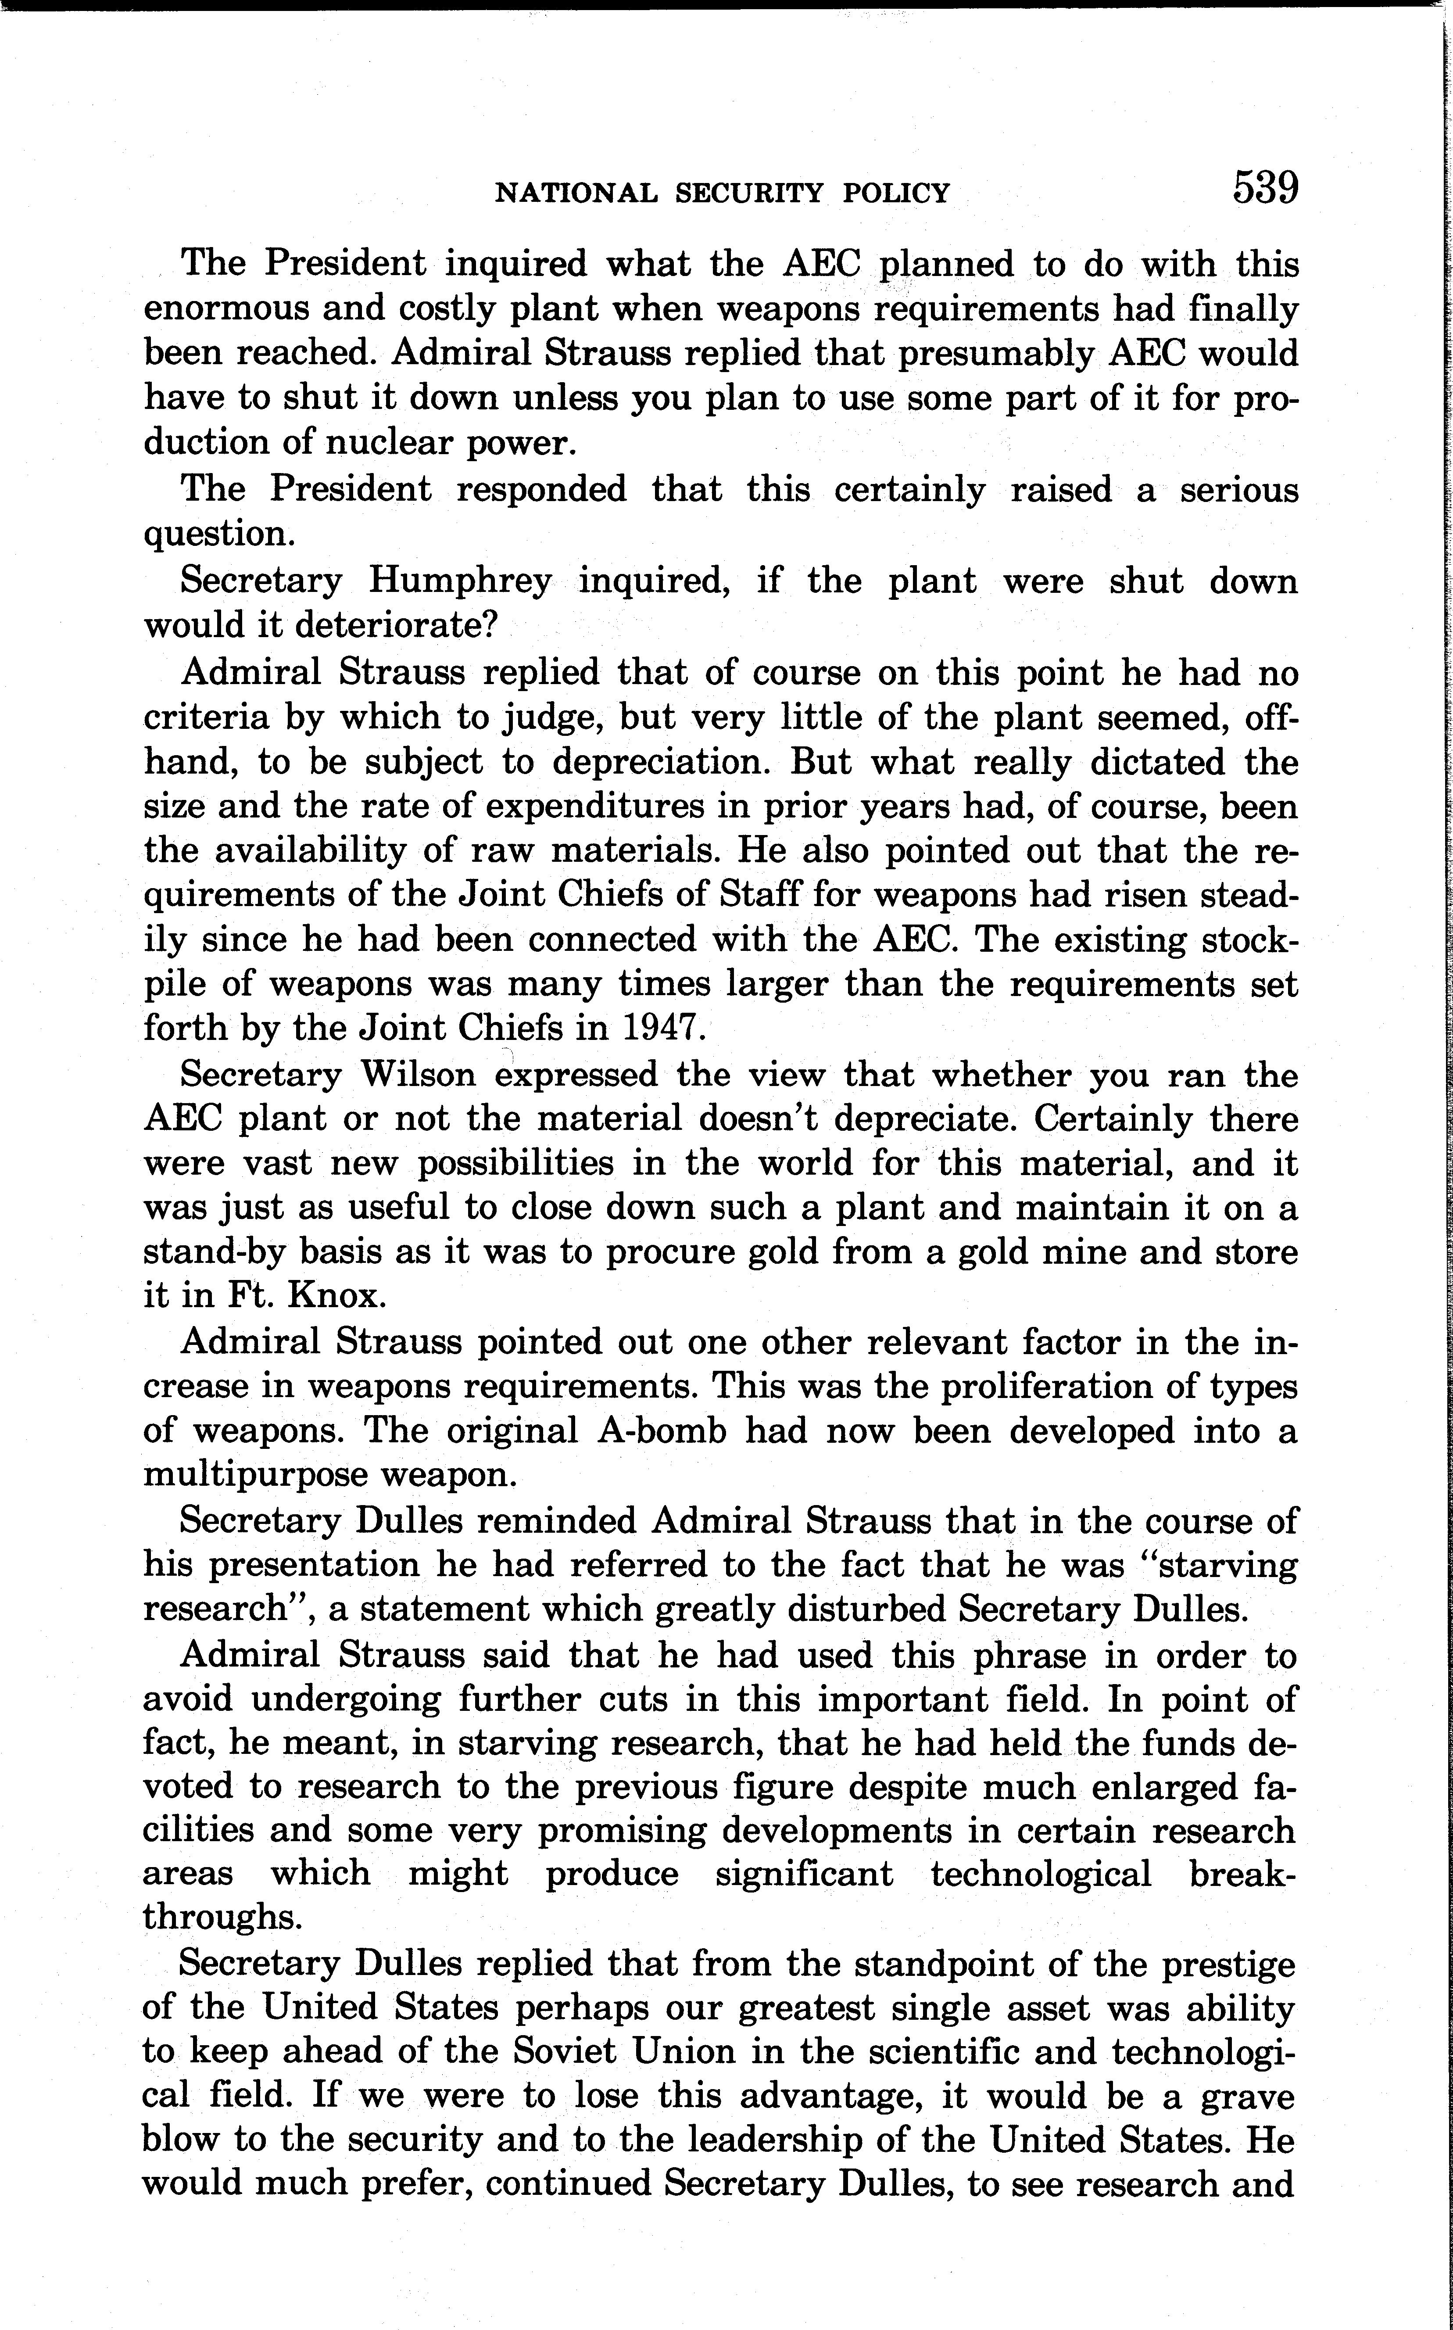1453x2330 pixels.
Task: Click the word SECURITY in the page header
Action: point(750,193)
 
